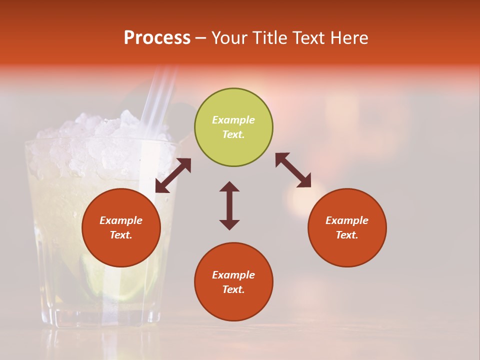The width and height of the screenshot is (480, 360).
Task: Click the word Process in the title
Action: (x=157, y=38)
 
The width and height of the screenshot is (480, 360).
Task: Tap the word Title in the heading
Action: (x=269, y=38)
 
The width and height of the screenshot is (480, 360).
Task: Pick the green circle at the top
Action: (x=233, y=127)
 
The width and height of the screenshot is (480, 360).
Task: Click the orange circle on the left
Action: (x=121, y=227)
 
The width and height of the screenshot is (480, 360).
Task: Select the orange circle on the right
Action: (x=347, y=227)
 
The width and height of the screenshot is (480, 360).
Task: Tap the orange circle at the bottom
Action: (x=233, y=281)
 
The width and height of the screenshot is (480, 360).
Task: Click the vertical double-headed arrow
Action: (x=229, y=205)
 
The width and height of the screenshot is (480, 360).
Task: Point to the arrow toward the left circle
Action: (x=173, y=175)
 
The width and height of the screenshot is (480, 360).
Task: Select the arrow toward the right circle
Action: (x=293, y=170)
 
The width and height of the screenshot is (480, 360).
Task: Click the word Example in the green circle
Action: (x=233, y=120)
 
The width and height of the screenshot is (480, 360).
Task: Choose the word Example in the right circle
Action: (x=347, y=220)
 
